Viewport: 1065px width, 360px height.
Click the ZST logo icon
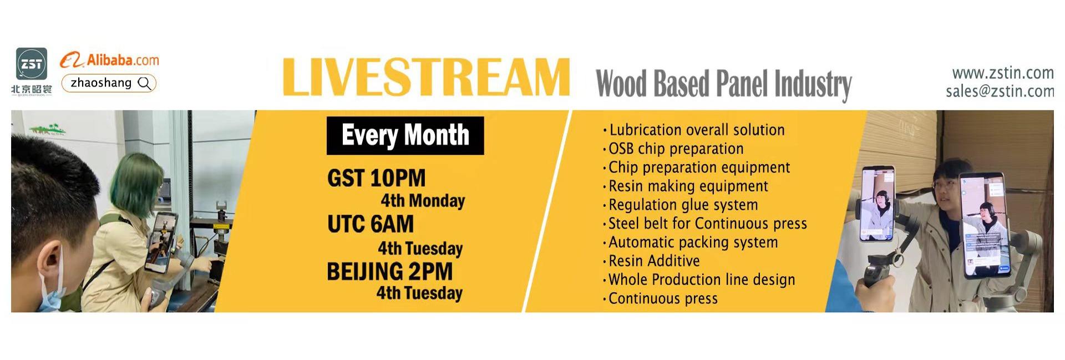pyautogui.click(x=31, y=64)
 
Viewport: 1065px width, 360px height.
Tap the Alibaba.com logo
pyautogui.click(x=109, y=60)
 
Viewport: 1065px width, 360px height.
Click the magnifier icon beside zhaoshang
pyautogui.click(x=144, y=83)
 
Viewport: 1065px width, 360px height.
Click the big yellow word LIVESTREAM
pyautogui.click(x=426, y=77)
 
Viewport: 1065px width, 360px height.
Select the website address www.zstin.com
pyautogui.click(x=1002, y=73)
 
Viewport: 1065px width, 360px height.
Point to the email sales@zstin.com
pyautogui.click(x=1000, y=91)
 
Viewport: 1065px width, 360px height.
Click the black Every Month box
pyautogui.click(x=405, y=135)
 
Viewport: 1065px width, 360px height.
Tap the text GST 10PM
pyautogui.click(x=377, y=178)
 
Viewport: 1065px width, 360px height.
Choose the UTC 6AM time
pyautogui.click(x=371, y=224)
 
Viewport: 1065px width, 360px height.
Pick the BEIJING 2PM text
pyautogui.click(x=389, y=272)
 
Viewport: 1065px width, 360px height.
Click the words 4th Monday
pyautogui.click(x=423, y=201)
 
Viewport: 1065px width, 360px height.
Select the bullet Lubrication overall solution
pyautogui.click(x=693, y=130)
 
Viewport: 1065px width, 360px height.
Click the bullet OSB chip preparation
pyautogui.click(x=673, y=149)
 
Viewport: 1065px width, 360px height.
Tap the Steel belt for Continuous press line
pyautogui.click(x=704, y=224)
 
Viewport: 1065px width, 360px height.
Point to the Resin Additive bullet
pyautogui.click(x=651, y=261)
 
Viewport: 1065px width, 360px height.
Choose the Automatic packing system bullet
pyautogui.click(x=690, y=242)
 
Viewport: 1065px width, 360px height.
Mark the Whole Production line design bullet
pyautogui.click(x=699, y=280)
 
